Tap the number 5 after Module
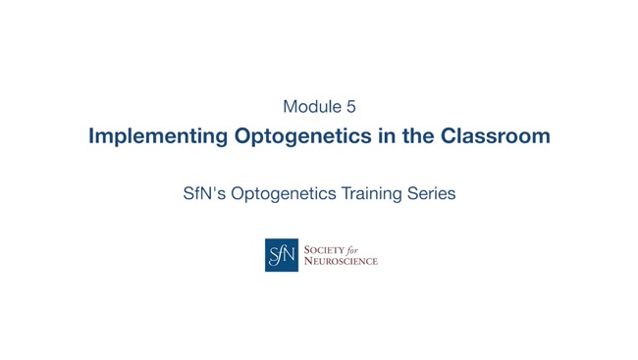(x=350, y=106)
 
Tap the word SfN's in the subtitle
(x=205, y=193)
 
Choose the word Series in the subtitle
(x=432, y=193)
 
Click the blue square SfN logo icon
(x=282, y=255)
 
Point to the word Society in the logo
(x=325, y=250)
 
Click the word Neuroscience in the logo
(x=341, y=261)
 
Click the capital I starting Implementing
(x=91, y=136)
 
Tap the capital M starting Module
(x=290, y=106)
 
